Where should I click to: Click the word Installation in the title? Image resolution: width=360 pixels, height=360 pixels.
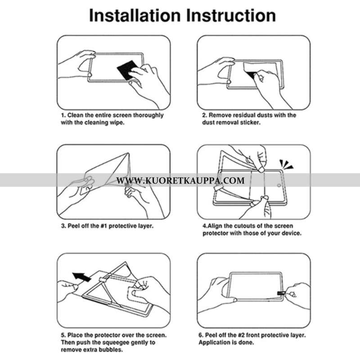tap(135, 15)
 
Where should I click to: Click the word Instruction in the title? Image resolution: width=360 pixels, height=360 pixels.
tap(231, 15)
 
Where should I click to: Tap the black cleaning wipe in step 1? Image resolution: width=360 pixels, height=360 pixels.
tap(127, 70)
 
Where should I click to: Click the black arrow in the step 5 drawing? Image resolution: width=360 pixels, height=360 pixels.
tap(81, 277)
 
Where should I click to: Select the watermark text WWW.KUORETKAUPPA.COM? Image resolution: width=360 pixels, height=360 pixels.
tap(180, 180)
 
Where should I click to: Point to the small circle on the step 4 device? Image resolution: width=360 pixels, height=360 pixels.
tap(279, 185)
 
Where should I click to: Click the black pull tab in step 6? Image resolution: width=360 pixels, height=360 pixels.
tap(281, 293)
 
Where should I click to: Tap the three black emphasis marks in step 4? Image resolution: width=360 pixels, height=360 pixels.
tap(286, 164)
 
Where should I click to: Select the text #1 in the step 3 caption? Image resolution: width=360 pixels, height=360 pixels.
tap(104, 226)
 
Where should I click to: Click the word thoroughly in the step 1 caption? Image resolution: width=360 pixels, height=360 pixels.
tap(148, 115)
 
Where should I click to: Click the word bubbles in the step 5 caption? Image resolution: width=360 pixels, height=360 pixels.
tap(111, 350)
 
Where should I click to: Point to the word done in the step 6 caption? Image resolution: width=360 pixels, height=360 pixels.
tap(247, 342)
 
